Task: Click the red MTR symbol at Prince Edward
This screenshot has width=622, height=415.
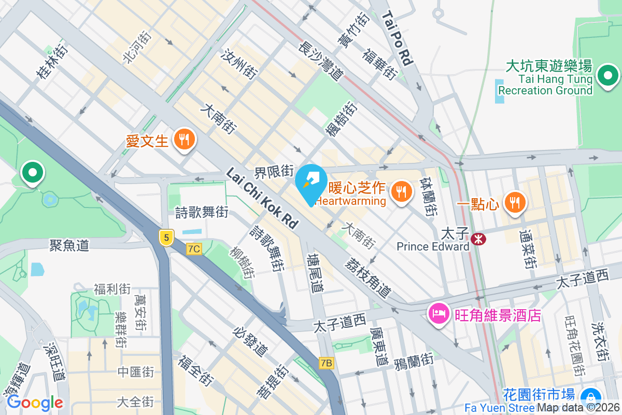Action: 478,239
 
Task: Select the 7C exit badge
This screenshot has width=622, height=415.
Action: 194,249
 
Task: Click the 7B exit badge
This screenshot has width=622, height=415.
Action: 326,363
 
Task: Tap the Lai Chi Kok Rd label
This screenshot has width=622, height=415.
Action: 262,199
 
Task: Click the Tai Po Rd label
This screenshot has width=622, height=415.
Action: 397,38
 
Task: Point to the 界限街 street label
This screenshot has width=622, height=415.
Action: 274,171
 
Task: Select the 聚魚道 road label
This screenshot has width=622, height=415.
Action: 69,244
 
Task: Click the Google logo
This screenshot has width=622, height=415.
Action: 35,402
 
